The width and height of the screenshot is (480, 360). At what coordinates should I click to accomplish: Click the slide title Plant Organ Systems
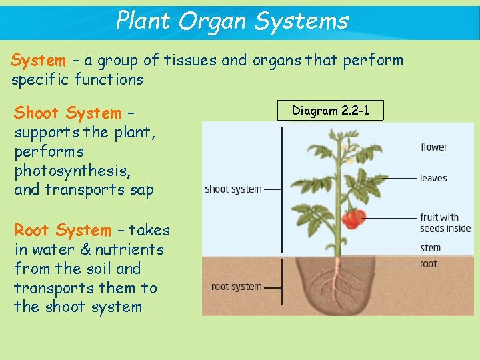[232, 21]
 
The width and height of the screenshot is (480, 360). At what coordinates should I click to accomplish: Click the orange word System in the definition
[38, 61]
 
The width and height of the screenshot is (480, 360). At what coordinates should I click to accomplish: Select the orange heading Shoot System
[67, 113]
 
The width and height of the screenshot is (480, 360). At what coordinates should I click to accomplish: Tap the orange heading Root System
[63, 231]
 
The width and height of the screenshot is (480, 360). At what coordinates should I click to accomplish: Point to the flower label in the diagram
[433, 147]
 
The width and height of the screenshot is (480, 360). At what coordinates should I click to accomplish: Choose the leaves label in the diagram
[433, 178]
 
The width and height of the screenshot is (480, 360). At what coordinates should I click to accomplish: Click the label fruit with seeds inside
[445, 223]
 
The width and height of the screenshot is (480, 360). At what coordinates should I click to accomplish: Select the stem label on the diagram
[431, 248]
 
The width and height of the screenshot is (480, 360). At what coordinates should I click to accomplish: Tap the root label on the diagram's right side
[429, 264]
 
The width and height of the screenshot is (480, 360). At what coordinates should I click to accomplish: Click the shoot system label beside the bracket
[233, 189]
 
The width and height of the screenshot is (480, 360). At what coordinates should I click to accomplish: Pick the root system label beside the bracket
[236, 287]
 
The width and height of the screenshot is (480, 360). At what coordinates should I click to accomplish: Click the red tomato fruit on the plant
[353, 218]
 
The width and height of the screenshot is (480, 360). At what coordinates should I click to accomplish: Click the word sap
[141, 190]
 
